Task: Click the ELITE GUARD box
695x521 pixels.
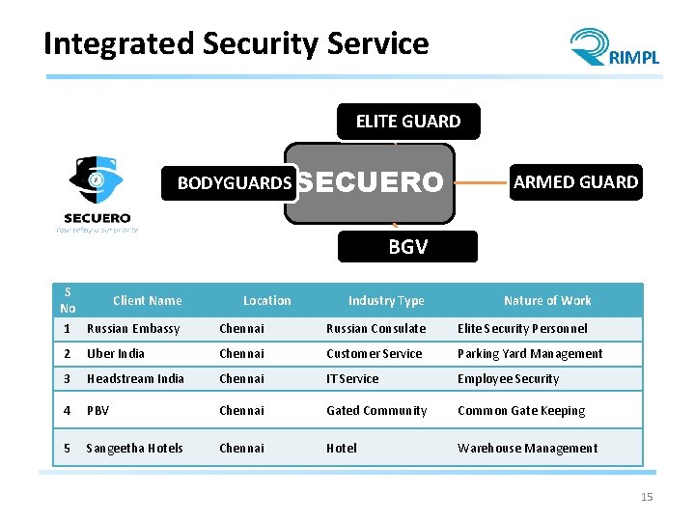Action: (x=407, y=122)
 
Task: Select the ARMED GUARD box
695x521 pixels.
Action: (x=575, y=182)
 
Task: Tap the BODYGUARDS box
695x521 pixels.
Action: (x=235, y=182)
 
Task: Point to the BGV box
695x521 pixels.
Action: (x=407, y=247)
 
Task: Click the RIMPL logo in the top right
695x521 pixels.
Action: (x=614, y=48)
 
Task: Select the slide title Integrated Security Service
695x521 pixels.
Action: (x=236, y=43)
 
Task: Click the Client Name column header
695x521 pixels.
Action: (x=147, y=301)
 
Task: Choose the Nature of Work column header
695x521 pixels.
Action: (x=547, y=301)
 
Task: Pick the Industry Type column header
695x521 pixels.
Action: (x=386, y=301)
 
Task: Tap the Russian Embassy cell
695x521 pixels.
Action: (x=133, y=329)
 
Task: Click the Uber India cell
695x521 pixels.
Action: (x=116, y=354)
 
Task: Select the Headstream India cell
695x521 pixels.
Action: (x=135, y=379)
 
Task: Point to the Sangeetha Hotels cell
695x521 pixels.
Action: (x=134, y=449)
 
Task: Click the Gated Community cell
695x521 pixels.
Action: (x=376, y=411)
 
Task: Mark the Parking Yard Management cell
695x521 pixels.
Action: (x=530, y=354)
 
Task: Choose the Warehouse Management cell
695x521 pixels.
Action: (x=527, y=449)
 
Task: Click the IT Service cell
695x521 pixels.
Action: (x=352, y=379)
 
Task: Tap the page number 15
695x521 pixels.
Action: (x=647, y=497)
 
